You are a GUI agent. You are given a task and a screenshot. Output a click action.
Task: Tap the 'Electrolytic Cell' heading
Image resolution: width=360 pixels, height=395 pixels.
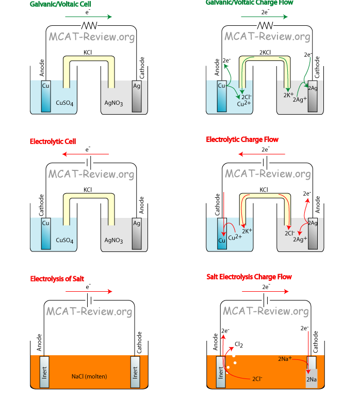coord(53,141)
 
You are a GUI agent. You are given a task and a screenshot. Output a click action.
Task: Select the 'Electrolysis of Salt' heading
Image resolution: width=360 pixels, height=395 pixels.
coord(57,279)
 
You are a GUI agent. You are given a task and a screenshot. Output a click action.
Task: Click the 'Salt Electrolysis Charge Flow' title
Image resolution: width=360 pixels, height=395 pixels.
coord(249,277)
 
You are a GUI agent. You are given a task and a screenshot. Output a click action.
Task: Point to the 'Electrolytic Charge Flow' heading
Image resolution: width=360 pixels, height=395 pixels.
coord(242,139)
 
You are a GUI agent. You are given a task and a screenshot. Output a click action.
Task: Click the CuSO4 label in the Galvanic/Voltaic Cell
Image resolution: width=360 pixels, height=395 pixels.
coord(65,103)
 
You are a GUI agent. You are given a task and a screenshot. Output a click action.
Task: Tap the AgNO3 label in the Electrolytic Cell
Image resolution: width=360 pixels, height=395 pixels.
coord(113,240)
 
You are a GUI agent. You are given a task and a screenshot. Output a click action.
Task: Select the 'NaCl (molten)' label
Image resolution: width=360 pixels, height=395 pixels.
coord(89,376)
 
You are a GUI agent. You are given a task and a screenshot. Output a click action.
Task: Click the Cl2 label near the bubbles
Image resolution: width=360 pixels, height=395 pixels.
coord(239,344)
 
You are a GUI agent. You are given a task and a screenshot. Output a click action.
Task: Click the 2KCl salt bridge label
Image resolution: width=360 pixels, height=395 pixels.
coord(266,52)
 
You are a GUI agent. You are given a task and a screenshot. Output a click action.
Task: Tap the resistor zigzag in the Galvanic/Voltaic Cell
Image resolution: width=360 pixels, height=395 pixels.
coord(91,26)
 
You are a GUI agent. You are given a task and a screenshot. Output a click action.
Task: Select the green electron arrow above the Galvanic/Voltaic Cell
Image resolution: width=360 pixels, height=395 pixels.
coord(88,17)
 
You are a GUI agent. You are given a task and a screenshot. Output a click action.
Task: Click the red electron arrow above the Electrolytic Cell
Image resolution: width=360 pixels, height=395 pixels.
coord(88,154)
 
